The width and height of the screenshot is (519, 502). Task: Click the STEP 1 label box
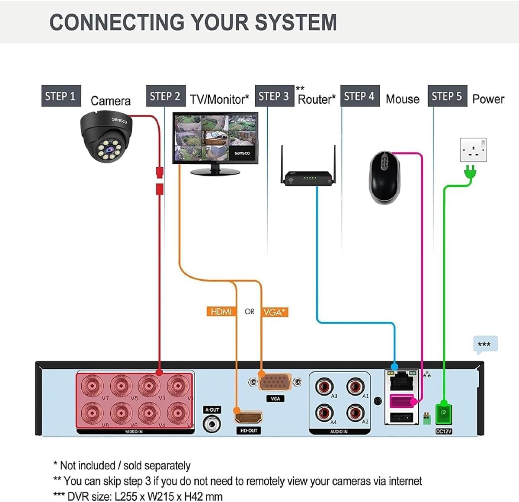(x=61, y=96)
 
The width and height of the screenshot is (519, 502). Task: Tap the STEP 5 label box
(x=447, y=96)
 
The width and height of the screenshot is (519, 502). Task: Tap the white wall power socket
(x=473, y=150)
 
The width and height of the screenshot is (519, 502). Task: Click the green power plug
(x=470, y=173)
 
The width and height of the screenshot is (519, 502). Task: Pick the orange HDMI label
(x=221, y=311)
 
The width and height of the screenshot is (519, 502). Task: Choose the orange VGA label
(x=275, y=312)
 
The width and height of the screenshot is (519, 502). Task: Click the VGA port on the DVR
(x=275, y=383)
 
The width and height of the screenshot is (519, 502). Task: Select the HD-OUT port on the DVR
(x=248, y=417)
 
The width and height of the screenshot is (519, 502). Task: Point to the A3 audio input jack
(x=324, y=385)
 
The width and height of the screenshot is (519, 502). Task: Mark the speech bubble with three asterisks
(x=485, y=345)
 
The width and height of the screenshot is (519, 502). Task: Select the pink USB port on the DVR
(x=401, y=402)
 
